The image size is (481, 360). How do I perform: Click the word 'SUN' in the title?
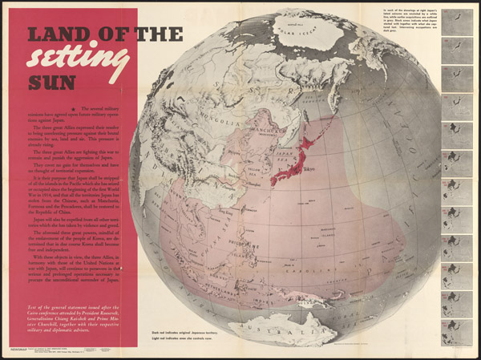tap(51, 82)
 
